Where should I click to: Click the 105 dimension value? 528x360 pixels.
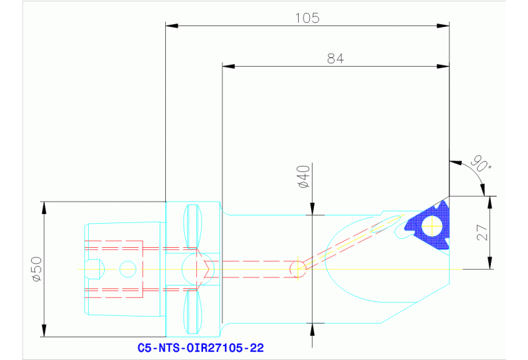tap(307, 18)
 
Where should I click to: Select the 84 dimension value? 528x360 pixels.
tap(335, 59)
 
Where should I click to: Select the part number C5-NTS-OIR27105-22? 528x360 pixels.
tap(200, 348)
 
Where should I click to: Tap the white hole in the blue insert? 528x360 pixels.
tap(432, 224)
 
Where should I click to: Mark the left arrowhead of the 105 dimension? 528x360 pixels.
tap(171, 26)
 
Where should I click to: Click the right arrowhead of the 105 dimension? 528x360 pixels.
tap(445, 26)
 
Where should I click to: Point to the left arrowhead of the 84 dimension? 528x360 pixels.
tap(226, 67)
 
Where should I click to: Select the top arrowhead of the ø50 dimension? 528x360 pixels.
tap(43, 205)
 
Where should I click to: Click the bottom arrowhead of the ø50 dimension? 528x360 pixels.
tap(43, 333)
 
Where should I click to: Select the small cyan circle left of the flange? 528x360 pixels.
tap(127, 268)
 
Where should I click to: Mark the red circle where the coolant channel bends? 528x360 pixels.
tap(297, 268)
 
